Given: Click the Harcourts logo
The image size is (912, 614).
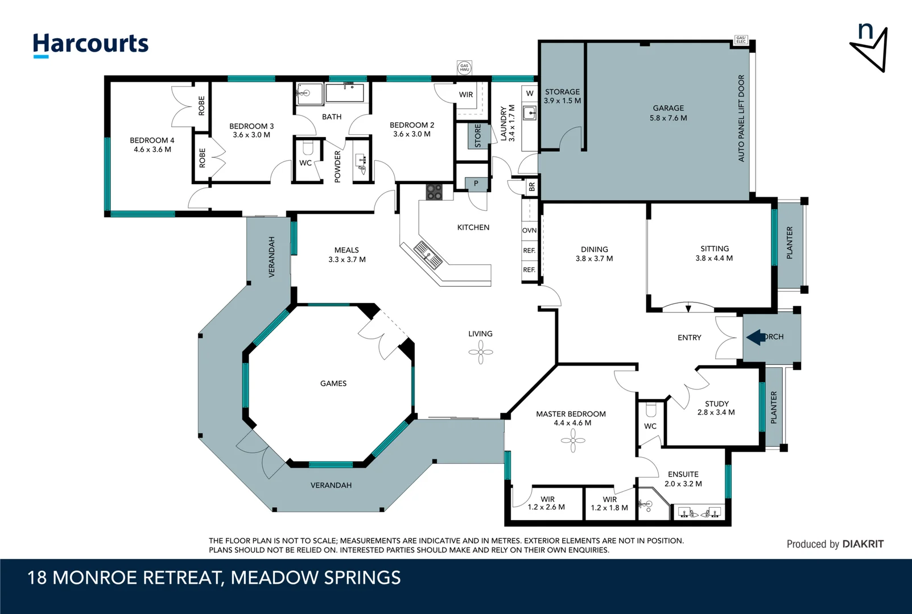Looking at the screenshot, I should pos(90,44).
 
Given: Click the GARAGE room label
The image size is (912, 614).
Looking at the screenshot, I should pos(668,108).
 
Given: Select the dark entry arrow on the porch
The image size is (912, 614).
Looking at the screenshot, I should pos(756,337).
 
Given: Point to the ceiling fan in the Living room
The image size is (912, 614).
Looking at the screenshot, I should pos(481,352).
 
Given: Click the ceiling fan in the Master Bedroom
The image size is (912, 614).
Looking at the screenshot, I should pos(573,440).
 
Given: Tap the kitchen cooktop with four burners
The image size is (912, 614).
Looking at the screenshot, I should pos(434,192).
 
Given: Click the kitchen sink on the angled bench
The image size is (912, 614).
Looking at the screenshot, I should pos(427,254).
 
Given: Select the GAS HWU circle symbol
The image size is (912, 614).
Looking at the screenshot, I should pos(464,68).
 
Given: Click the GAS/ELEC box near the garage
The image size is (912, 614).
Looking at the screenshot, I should pos(741,40).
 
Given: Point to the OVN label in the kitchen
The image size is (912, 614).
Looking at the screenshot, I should pos(529,230).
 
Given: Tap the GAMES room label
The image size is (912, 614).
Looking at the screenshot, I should pos(333,384).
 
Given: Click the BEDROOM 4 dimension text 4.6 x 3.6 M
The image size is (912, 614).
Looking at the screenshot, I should pos(152,150).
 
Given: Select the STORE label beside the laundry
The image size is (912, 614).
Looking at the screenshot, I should pos(478,136).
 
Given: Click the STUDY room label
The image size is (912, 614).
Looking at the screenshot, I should pos(716,404).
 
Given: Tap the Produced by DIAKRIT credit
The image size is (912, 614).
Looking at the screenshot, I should pos(835,544).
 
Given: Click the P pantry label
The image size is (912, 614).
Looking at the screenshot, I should pos(476,183).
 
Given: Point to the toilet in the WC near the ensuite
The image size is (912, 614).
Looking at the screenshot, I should pos(651,409).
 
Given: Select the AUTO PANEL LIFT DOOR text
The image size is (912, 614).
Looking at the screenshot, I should pos(741,118).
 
